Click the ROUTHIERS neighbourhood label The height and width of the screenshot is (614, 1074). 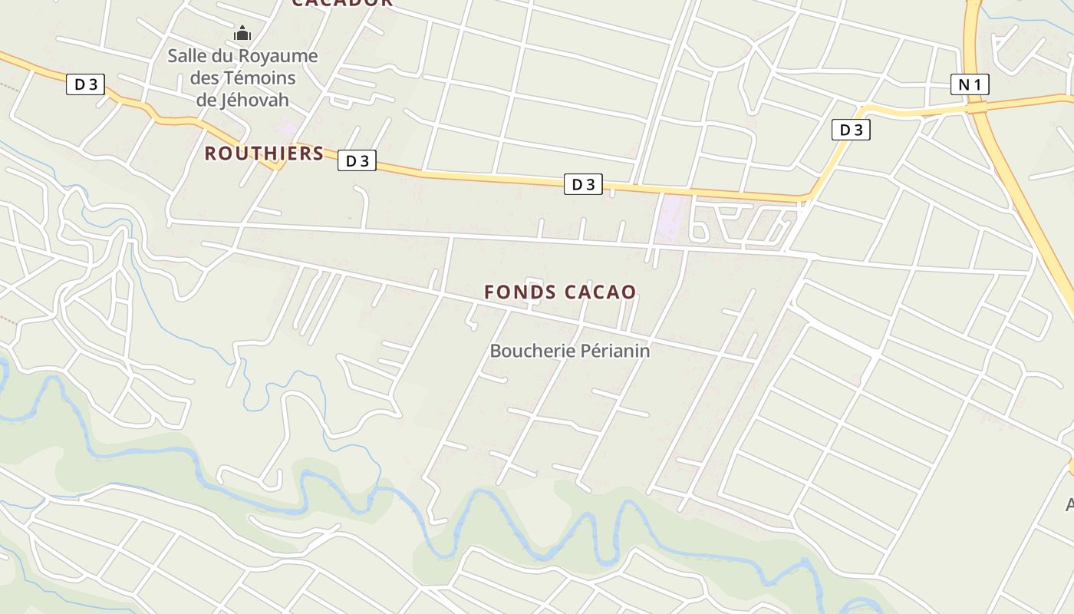[264, 153]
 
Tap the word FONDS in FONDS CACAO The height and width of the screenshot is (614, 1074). [521, 292]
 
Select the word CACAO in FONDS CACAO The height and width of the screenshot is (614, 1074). [601, 292]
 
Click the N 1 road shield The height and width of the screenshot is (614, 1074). [970, 84]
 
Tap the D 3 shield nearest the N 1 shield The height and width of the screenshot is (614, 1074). [851, 130]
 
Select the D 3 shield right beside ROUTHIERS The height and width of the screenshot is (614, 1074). [357, 160]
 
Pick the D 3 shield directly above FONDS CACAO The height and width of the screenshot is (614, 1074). [583, 184]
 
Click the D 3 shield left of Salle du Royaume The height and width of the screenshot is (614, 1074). [84, 84]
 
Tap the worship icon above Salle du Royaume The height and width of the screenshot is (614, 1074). [242, 33]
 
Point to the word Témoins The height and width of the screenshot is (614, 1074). [259, 78]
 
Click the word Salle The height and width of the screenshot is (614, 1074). [186, 56]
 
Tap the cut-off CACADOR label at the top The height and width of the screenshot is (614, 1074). [342, 3]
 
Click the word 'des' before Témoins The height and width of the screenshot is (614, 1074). [204, 78]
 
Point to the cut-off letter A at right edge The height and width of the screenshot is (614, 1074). [1069, 504]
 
